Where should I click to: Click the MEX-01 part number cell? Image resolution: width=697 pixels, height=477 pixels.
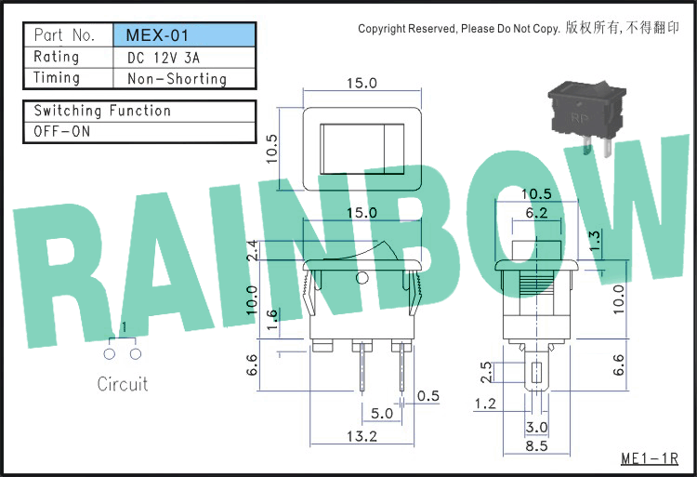(184, 35)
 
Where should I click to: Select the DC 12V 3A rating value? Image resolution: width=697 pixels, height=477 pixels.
(164, 58)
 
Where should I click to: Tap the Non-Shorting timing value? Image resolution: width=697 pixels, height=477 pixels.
(177, 79)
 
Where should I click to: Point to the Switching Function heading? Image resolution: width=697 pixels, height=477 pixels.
(102, 111)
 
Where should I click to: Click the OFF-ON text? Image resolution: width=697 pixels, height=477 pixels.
(61, 132)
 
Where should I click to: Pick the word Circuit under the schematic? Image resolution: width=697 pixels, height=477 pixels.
(123, 384)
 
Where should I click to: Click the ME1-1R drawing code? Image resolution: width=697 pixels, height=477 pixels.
(650, 458)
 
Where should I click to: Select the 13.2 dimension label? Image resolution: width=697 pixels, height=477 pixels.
(362, 436)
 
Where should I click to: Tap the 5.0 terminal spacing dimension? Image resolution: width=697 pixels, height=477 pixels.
(382, 414)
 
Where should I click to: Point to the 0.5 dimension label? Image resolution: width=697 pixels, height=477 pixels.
(428, 396)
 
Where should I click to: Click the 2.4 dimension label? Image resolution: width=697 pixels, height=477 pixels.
(253, 250)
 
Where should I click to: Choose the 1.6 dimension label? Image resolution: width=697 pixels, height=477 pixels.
(272, 320)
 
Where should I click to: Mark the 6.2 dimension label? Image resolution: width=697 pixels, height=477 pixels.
(536, 213)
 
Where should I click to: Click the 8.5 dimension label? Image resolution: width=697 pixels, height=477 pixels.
(536, 446)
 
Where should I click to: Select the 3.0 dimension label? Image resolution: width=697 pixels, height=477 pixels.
(536, 427)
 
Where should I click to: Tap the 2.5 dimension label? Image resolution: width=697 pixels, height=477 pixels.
(486, 373)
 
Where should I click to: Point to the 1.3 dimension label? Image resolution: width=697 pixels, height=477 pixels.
(595, 241)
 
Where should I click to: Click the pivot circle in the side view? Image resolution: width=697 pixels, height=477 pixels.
(362, 278)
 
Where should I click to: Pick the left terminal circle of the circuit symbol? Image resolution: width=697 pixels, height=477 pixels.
(110, 354)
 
